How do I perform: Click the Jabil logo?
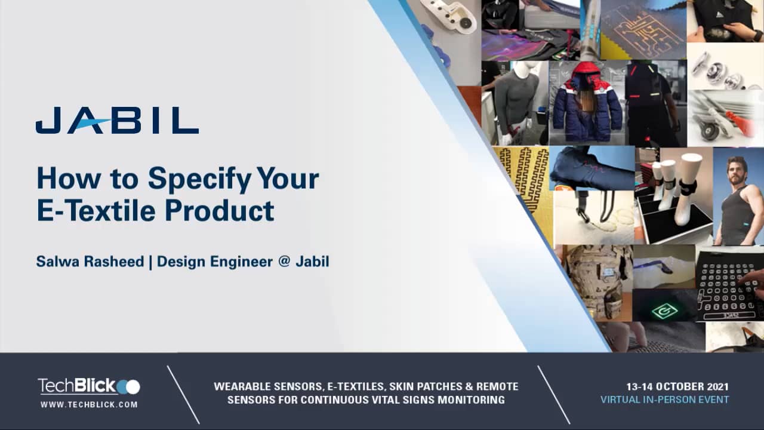[x=117, y=121]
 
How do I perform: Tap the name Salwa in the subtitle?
[x=57, y=262]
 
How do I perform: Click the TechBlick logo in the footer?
[x=89, y=386]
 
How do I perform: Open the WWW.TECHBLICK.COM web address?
[x=89, y=404]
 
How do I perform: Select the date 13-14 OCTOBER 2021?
[x=677, y=387]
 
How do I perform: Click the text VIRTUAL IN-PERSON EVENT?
[x=664, y=400]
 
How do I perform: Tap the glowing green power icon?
[x=664, y=311]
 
